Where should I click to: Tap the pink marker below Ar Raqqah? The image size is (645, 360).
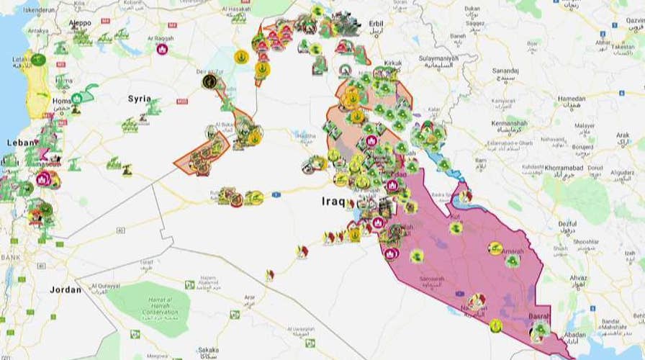tap(162, 50)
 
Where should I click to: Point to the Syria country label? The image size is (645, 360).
tap(140, 98)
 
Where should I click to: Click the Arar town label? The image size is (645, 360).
tap(251, 297)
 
